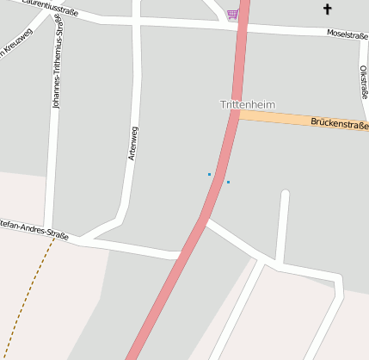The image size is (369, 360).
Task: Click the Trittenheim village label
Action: pyautogui.click(x=248, y=104)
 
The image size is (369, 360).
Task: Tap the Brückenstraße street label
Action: pyautogui.click(x=339, y=125)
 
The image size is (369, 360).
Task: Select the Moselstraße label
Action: pyautogui.click(x=347, y=34)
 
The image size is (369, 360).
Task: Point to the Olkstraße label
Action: pyautogui.click(x=364, y=82)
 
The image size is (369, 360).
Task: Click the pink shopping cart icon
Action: pyautogui.click(x=232, y=14)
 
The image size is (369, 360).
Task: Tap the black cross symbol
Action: pyautogui.click(x=327, y=9)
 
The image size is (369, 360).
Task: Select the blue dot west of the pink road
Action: pyautogui.click(x=209, y=174)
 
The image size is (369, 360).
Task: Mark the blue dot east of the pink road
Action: pyautogui.click(x=228, y=182)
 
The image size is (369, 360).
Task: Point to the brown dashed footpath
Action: pyautogui.click(x=26, y=293)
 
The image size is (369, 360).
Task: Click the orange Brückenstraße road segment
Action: pyautogui.click(x=284, y=119)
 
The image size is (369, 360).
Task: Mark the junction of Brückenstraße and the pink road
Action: pyautogui.click(x=236, y=114)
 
